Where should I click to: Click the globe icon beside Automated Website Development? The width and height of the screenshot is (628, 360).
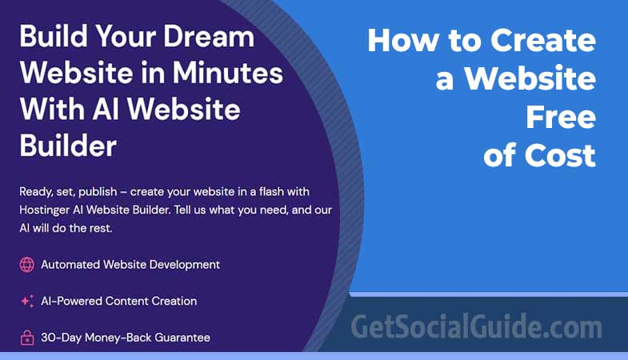(26, 264)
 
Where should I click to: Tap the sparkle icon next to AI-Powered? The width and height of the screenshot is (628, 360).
(26, 302)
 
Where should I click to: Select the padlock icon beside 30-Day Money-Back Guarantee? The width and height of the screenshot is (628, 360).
(26, 338)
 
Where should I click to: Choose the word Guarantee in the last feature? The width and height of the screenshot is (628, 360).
(180, 338)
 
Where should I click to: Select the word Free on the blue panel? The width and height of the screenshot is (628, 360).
(561, 117)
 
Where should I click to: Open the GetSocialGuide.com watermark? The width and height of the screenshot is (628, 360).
(476, 327)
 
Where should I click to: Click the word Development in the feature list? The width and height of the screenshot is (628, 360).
(182, 264)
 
